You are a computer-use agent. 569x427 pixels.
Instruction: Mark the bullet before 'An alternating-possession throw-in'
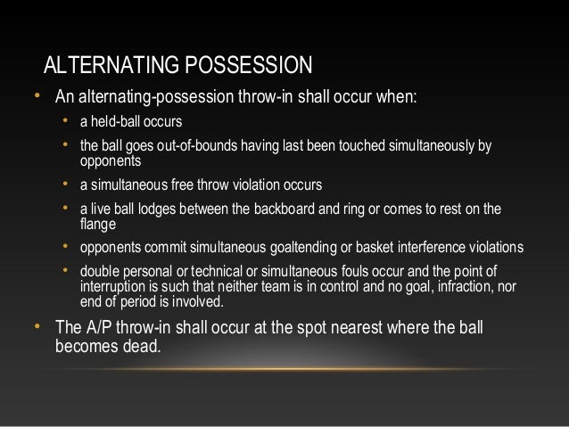[x=35, y=95]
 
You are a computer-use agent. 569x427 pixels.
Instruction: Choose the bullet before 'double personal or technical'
[x=66, y=269]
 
